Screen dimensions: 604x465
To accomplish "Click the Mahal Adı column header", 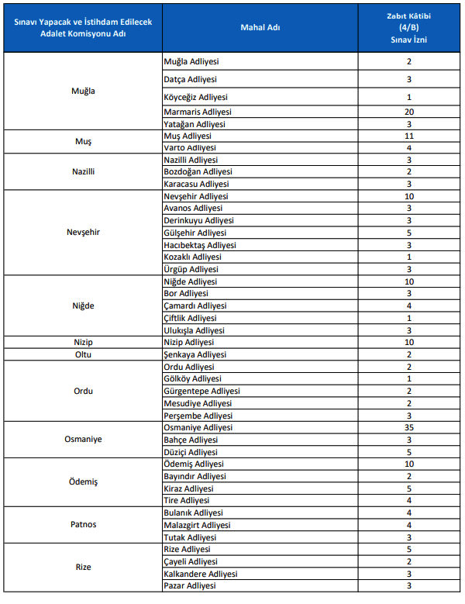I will [x=260, y=27].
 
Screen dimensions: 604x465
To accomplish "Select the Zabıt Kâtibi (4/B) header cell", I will [x=408, y=27].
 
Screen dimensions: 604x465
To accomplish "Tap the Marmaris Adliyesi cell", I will [x=198, y=112].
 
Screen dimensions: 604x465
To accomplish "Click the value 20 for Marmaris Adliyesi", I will [x=408, y=112].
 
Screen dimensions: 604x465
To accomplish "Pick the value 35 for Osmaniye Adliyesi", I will [x=408, y=427].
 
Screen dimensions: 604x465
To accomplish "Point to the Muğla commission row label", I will [x=84, y=91].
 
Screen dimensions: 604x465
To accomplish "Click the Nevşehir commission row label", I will [x=84, y=233].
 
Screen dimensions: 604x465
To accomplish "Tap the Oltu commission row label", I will [x=84, y=354].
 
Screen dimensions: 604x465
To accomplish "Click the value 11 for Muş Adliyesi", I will [x=408, y=136].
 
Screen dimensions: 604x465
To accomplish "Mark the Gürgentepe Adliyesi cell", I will [x=201, y=391].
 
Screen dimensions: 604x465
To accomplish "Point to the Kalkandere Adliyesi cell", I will [x=201, y=574].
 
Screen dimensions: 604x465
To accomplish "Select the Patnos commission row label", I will [x=84, y=525].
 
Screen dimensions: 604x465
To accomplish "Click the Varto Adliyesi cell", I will [x=190, y=147].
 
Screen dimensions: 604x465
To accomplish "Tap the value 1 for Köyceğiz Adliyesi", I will [x=408, y=97].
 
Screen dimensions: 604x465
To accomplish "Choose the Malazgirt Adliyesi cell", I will [x=197, y=525].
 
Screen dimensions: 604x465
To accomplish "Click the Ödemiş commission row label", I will [x=84, y=482].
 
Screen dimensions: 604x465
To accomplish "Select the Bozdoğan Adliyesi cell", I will [x=198, y=171].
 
